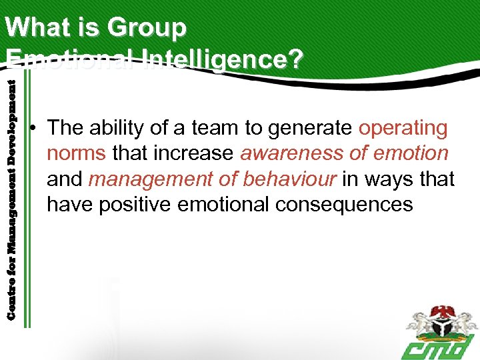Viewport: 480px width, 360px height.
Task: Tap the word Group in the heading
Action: (x=147, y=28)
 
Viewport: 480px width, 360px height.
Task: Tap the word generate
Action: (x=311, y=127)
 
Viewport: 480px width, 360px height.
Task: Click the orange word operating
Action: (x=403, y=127)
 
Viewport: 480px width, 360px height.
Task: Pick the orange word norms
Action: (x=76, y=153)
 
